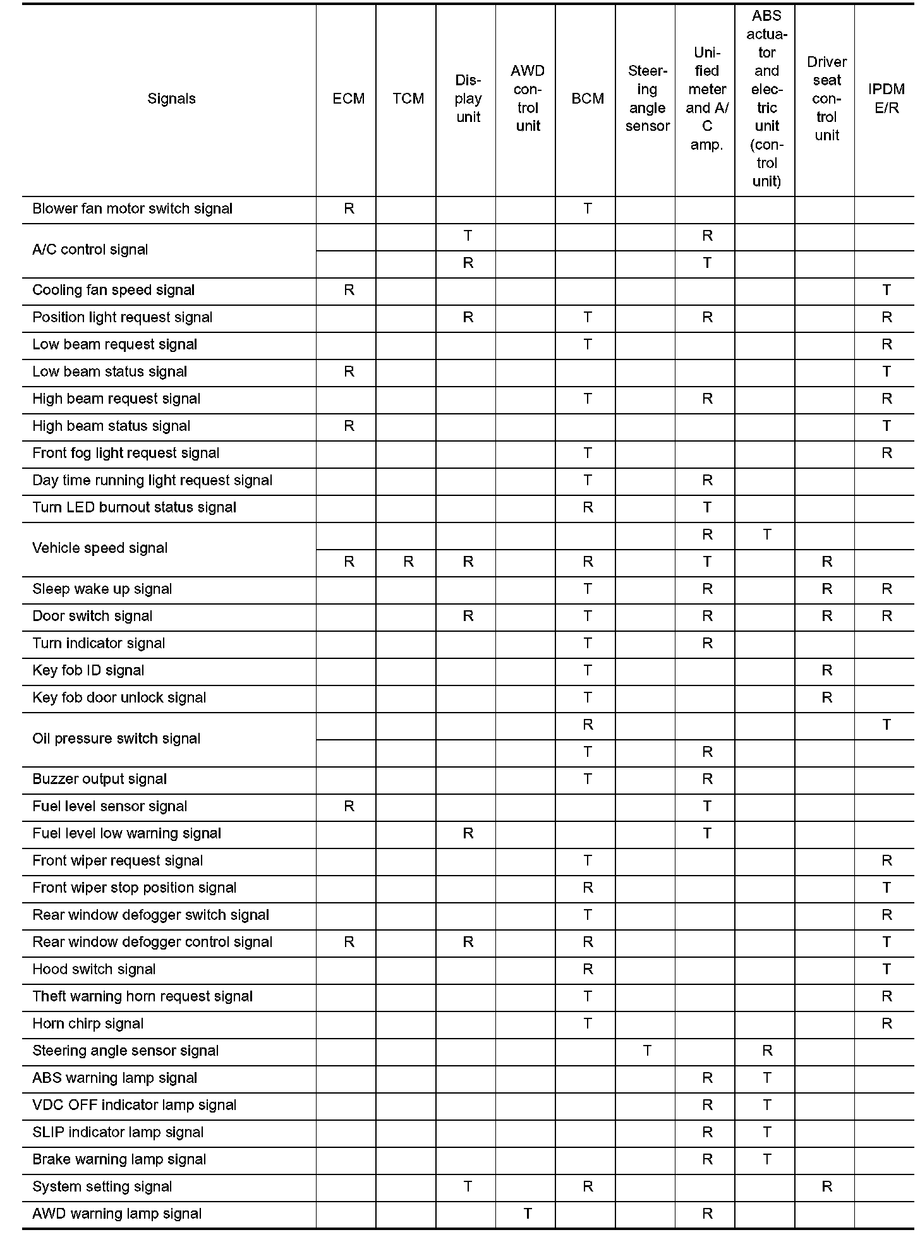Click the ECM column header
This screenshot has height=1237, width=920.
(x=348, y=99)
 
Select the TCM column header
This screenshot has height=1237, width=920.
(x=408, y=99)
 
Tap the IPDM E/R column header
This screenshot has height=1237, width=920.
(x=886, y=99)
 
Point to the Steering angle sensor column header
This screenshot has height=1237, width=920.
(x=647, y=99)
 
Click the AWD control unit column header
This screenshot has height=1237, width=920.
(x=528, y=99)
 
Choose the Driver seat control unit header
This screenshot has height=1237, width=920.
(x=826, y=99)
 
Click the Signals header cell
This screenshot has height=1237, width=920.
(x=171, y=99)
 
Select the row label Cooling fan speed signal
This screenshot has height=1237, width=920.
(x=114, y=291)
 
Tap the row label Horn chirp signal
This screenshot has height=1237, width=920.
(x=88, y=1024)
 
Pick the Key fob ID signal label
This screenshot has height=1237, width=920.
(x=88, y=671)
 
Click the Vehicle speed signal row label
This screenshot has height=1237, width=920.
(x=100, y=548)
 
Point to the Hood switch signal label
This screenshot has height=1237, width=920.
(x=94, y=970)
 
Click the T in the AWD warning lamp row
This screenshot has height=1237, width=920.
(x=528, y=1214)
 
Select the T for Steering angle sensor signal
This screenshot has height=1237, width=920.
(x=647, y=1051)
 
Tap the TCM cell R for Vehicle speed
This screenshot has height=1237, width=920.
(x=408, y=562)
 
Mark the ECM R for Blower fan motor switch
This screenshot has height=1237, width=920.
(x=349, y=209)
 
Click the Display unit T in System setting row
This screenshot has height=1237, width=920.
(x=468, y=1186)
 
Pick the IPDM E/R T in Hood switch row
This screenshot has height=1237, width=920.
(x=887, y=969)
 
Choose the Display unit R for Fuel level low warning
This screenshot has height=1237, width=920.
(x=468, y=834)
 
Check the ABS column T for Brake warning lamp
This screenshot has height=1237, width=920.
(x=766, y=1159)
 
